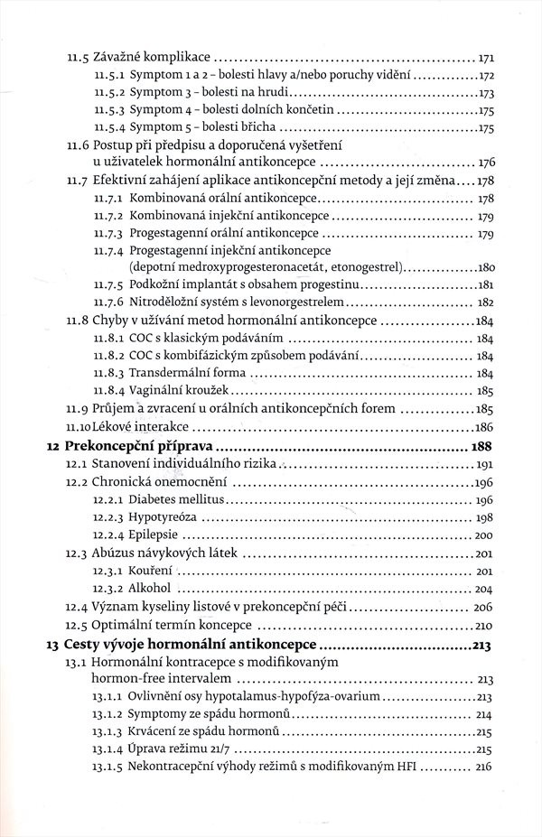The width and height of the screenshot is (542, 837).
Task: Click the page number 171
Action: click(x=485, y=55)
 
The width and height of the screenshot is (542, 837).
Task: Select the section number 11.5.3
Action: click(x=109, y=109)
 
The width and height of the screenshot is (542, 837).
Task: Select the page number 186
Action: click(x=484, y=427)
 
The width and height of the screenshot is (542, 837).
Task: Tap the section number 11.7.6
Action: click(x=109, y=302)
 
